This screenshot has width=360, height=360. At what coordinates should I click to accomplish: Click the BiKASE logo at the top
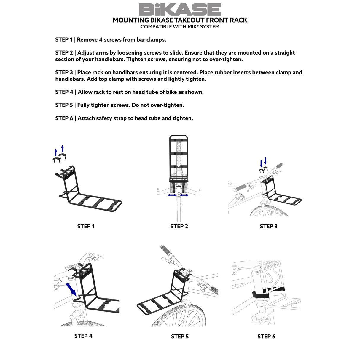(180, 9)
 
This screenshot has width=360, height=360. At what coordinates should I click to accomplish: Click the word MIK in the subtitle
(193, 27)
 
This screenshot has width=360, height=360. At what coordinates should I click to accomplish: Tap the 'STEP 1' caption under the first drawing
(86, 226)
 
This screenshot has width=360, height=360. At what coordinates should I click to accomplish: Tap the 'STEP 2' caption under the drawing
(179, 226)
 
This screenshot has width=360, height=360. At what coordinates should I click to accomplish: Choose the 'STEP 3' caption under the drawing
(269, 226)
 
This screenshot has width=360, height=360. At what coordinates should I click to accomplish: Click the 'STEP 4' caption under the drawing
(83, 336)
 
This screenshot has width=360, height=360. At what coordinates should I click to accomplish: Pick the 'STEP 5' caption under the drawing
(180, 337)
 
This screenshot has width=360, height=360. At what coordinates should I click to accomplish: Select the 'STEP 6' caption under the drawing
(266, 337)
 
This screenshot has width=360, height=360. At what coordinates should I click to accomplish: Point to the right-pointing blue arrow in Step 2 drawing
(185, 195)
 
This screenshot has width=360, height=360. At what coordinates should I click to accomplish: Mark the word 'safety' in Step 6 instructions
(104, 118)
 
